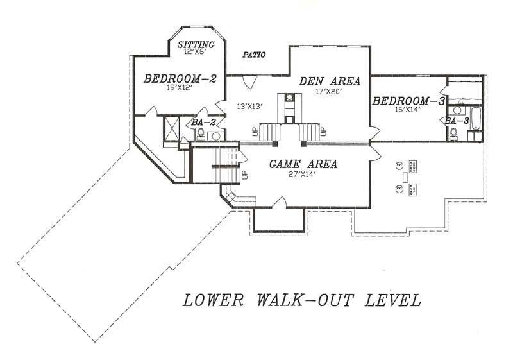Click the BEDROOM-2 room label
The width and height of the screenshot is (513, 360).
tap(180, 79)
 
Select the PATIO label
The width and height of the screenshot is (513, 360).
tap(254, 55)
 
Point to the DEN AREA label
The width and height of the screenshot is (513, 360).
tap(330, 81)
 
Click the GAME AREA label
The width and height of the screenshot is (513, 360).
tap(303, 164)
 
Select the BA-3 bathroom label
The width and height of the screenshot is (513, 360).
tap(456, 120)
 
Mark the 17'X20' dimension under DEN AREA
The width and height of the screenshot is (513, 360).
tap(330, 92)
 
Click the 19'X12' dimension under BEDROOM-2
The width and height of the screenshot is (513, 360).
tap(180, 89)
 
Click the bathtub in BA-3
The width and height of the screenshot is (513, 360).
tap(475, 119)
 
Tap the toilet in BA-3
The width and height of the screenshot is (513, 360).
tap(454, 134)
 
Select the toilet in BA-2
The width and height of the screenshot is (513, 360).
tap(200, 134)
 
